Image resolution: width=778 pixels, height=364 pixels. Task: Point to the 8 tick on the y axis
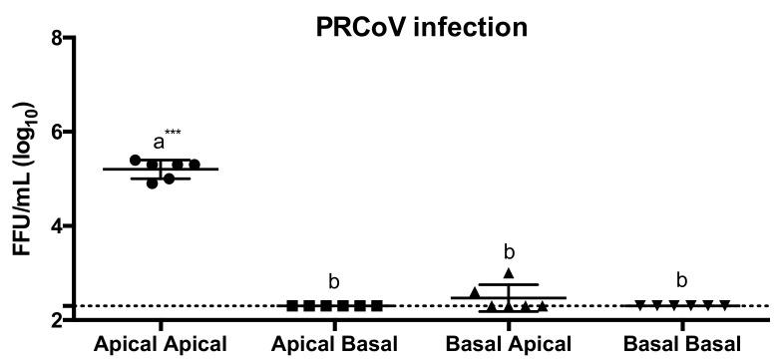57,39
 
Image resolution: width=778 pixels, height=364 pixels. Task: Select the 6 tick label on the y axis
57,133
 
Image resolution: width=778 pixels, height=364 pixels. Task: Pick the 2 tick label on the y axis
57,319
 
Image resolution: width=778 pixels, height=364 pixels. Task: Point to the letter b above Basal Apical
509,250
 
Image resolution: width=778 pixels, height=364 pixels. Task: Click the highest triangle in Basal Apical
509,273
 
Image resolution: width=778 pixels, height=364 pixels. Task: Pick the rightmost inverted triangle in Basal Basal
725,305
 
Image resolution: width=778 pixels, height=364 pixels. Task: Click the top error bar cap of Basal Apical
509,285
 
